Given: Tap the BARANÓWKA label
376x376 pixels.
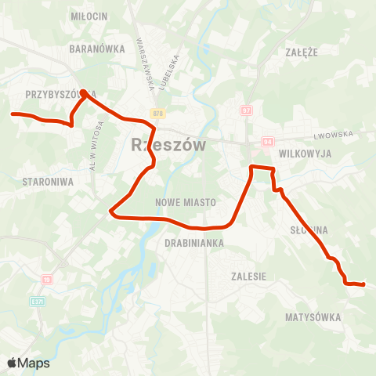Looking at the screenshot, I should click(x=97, y=49).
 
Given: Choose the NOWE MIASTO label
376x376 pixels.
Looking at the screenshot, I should click(x=186, y=202).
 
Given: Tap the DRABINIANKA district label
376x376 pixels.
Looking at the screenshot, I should click(x=194, y=243).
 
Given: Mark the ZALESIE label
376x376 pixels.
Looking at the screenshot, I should click(x=249, y=277).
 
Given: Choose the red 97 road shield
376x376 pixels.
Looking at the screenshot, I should click(x=246, y=111).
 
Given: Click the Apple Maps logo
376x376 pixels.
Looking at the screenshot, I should click(x=28, y=363).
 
